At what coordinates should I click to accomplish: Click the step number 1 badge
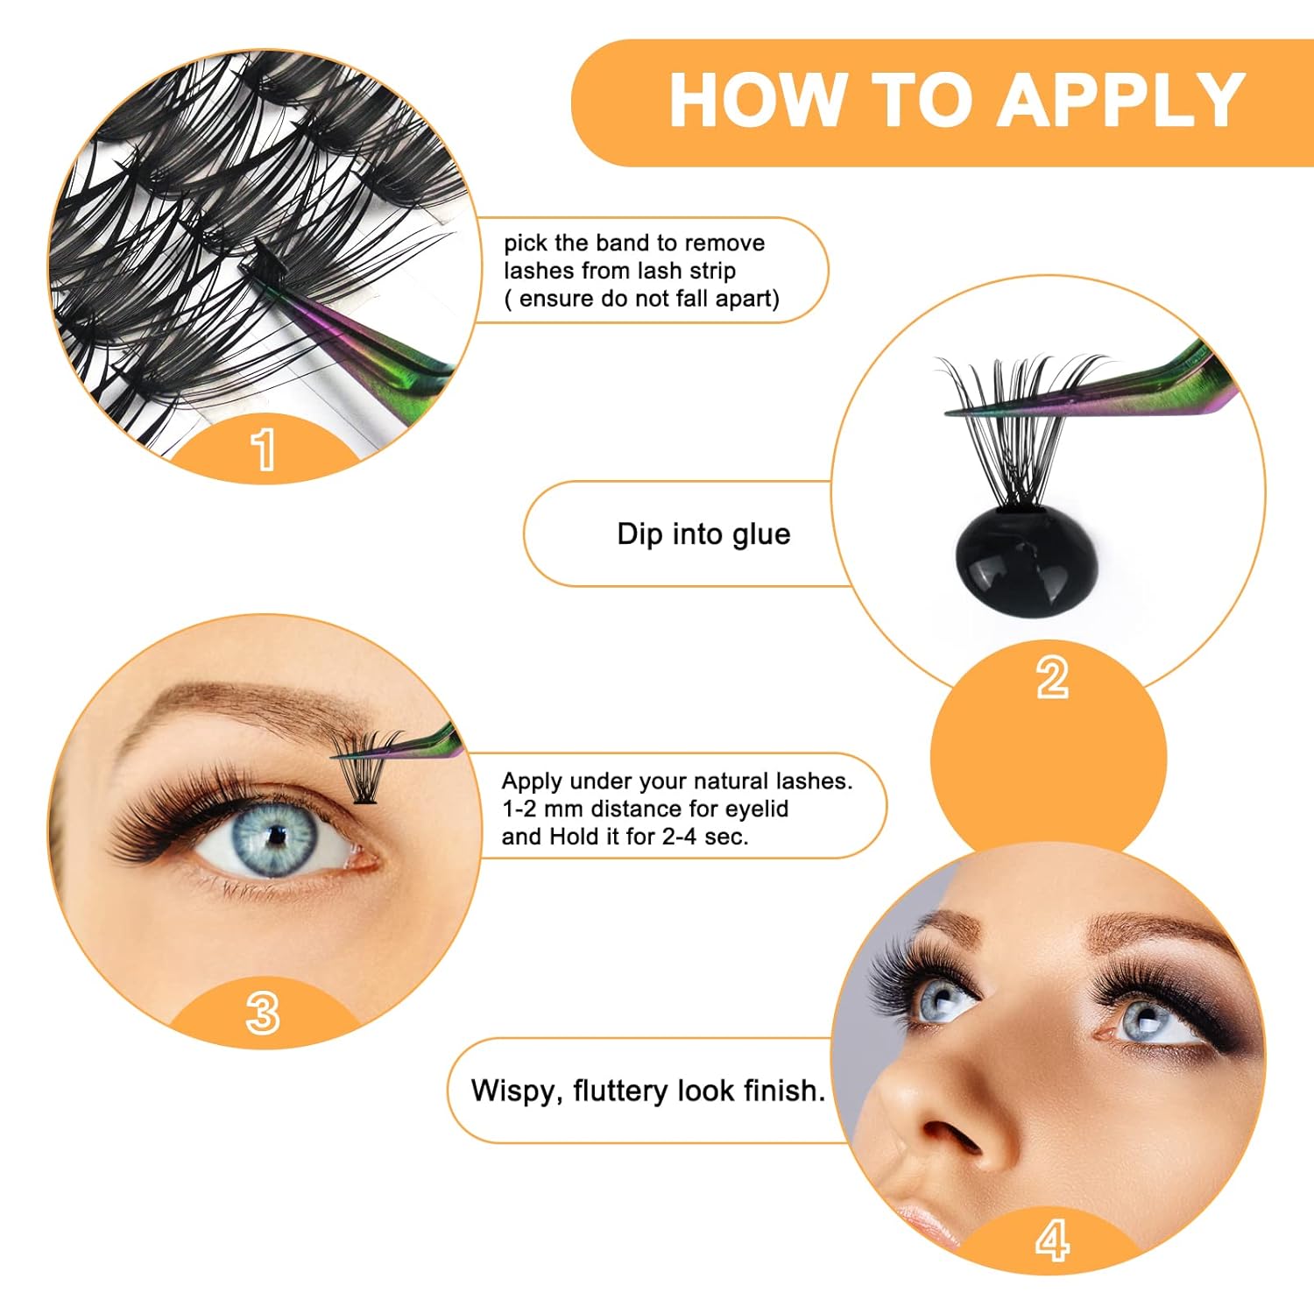coord(263,449)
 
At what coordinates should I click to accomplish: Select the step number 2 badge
coord(1052,678)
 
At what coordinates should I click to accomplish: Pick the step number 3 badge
coord(263,1014)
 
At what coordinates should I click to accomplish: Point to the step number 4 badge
coord(1052,1240)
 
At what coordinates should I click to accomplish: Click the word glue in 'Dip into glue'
coord(758,534)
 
